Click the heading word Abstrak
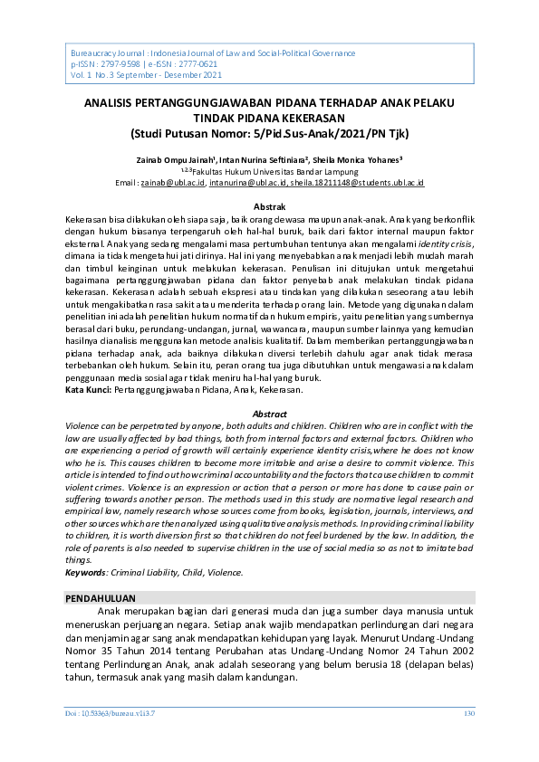point(269,208)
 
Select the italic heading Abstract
point(269,414)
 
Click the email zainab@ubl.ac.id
point(174,183)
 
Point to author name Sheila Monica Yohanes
point(352,159)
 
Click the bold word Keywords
point(86,573)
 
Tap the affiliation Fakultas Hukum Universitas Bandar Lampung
point(274,171)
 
